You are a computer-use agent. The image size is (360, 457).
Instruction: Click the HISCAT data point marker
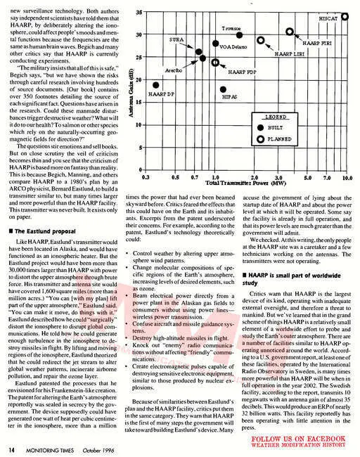(x=345, y=16)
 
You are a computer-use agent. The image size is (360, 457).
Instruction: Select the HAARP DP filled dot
(x=156, y=85)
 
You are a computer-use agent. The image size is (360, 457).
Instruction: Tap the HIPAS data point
(x=223, y=90)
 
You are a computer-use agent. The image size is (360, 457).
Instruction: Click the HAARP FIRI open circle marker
(x=290, y=32)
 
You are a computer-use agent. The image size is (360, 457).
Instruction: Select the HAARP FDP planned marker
(x=214, y=62)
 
